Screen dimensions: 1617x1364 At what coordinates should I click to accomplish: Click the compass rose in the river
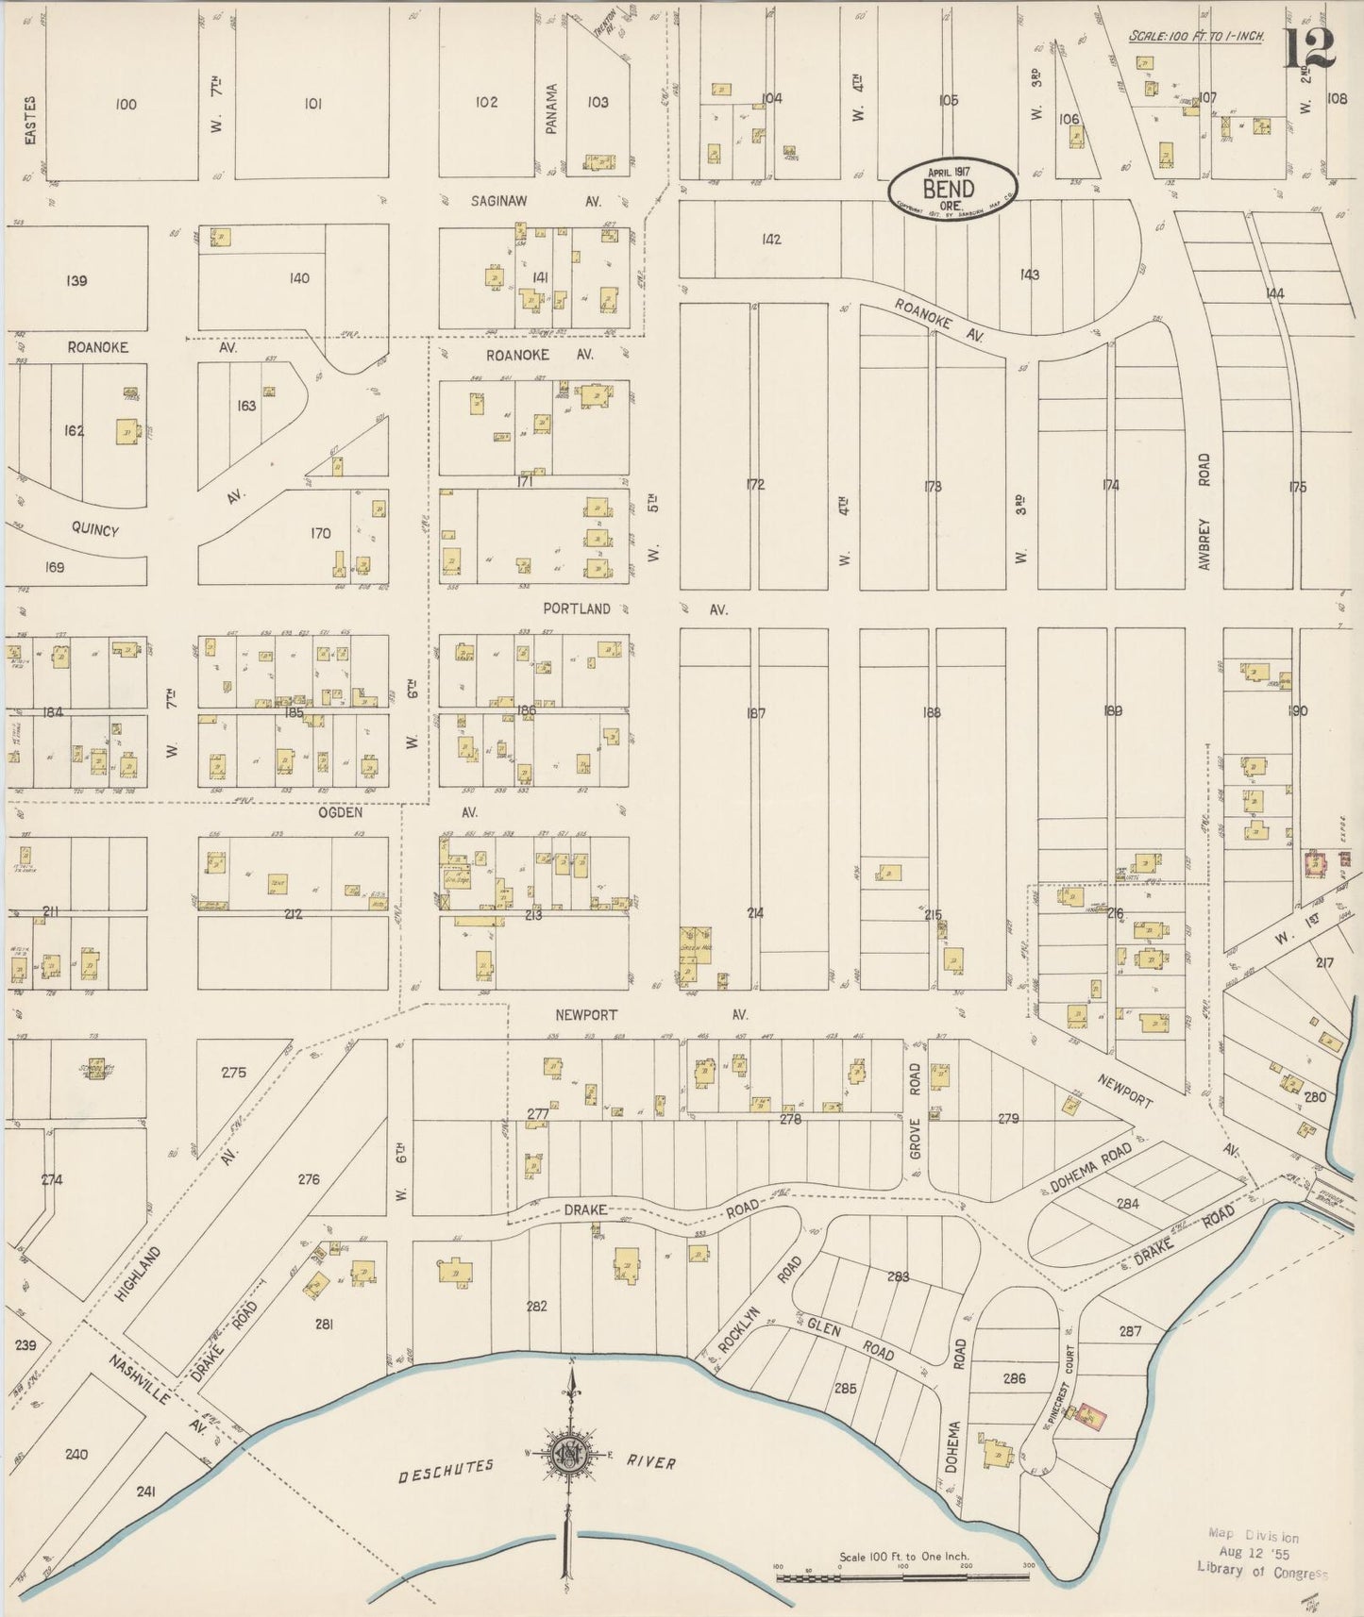571,1453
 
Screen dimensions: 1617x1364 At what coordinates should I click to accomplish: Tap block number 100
126,104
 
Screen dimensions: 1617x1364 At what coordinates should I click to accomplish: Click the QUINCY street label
95,530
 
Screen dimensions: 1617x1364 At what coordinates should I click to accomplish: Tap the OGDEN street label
341,812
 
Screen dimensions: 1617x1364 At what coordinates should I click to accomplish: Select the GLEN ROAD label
851,1340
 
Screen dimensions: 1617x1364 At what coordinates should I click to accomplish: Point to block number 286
1014,1378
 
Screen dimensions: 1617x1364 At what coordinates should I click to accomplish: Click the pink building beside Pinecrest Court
1090,1414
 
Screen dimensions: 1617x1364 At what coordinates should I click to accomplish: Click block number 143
1029,275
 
